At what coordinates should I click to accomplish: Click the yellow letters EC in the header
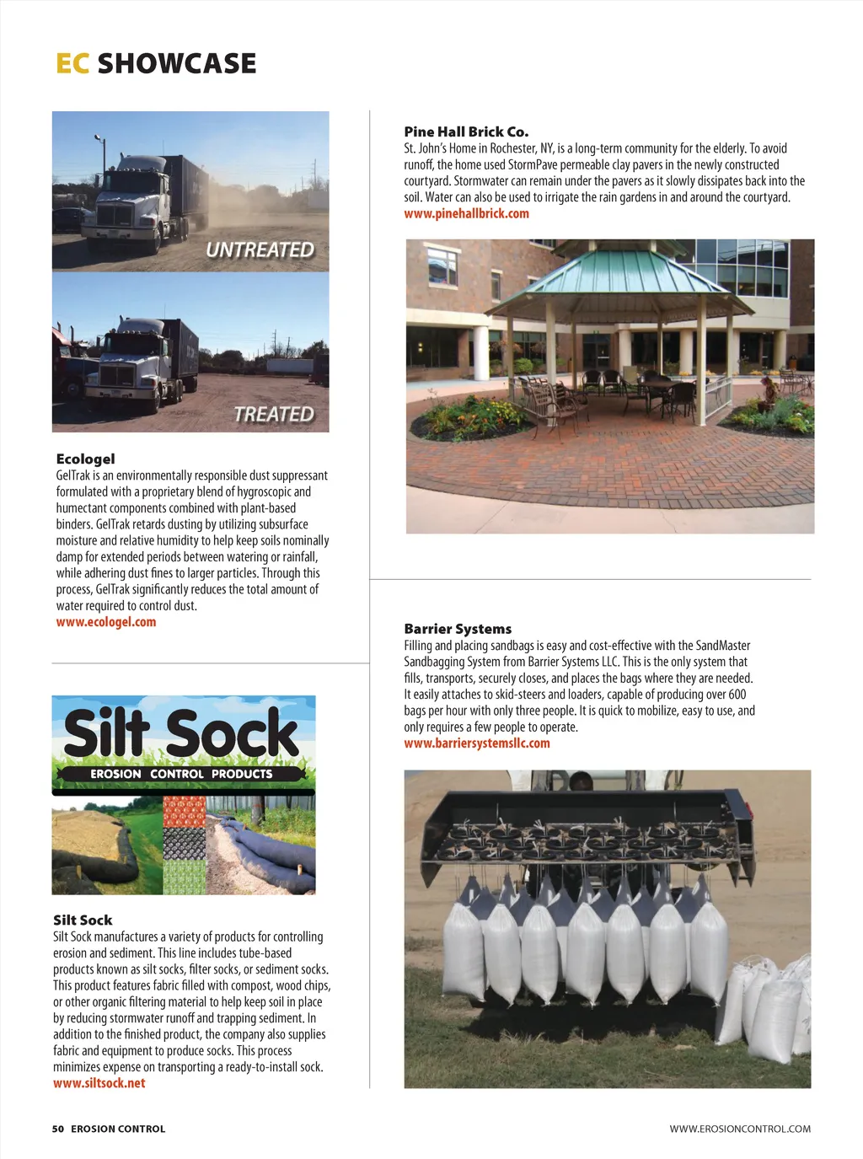72,63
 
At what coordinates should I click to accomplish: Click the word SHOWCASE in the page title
177,63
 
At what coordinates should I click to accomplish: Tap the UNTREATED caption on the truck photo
260,250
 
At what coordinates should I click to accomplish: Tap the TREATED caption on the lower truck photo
274,415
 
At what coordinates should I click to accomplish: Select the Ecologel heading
85,459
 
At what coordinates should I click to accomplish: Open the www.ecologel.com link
106,622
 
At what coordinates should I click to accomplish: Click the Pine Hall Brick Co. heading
466,131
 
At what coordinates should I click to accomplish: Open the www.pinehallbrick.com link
466,213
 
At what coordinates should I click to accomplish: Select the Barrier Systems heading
458,629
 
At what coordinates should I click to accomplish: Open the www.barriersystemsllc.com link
477,743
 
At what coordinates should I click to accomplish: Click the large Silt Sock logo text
181,733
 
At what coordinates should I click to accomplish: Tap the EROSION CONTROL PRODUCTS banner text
181,774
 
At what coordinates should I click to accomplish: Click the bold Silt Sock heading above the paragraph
83,920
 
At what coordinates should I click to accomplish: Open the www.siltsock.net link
99,1083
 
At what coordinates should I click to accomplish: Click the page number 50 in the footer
58,1129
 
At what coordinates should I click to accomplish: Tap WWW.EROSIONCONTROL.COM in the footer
740,1129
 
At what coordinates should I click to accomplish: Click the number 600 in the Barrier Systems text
737,695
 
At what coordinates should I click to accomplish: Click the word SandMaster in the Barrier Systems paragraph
723,646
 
